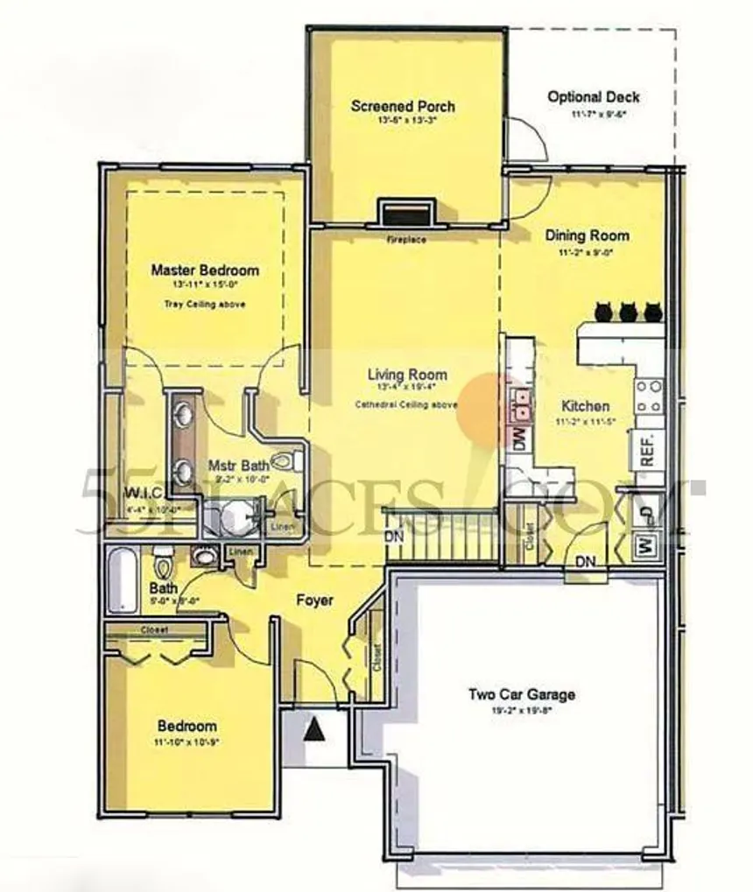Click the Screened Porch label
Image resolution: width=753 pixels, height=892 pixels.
point(403,106)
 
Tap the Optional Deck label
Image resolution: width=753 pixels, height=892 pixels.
point(594,97)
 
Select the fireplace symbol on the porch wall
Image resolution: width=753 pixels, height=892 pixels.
point(405,214)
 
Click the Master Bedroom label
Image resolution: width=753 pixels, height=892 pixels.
point(205,270)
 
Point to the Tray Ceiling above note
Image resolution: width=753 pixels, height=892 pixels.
point(205,304)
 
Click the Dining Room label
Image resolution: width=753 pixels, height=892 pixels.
point(587,235)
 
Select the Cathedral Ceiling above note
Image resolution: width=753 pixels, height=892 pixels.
point(406,404)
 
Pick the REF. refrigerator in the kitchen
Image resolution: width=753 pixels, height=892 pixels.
point(648,449)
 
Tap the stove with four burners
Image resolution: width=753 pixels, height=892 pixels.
point(649,396)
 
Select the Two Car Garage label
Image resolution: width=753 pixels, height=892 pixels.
point(522,694)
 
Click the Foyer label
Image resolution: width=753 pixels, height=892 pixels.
point(313,601)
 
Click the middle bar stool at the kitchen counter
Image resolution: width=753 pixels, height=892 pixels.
point(628,311)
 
